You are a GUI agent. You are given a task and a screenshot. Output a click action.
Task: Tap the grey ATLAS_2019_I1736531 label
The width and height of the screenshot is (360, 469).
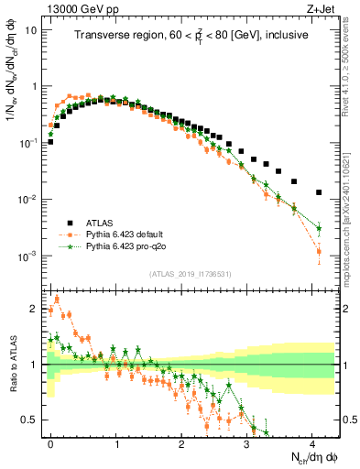(190, 275)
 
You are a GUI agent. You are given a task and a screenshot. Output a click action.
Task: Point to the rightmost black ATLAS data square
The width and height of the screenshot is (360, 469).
(319, 192)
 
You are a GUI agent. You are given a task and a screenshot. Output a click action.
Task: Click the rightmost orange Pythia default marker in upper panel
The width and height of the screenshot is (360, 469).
(319, 251)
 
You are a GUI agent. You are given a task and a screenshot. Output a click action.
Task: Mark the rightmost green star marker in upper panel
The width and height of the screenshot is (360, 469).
(319, 228)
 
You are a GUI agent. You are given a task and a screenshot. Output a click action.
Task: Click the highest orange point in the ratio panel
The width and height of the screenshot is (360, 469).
(58, 299)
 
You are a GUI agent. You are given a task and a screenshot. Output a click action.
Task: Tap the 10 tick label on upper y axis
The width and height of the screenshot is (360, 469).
(30, 29)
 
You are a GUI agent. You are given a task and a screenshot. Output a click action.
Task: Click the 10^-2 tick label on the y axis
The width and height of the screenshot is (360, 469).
(27, 200)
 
